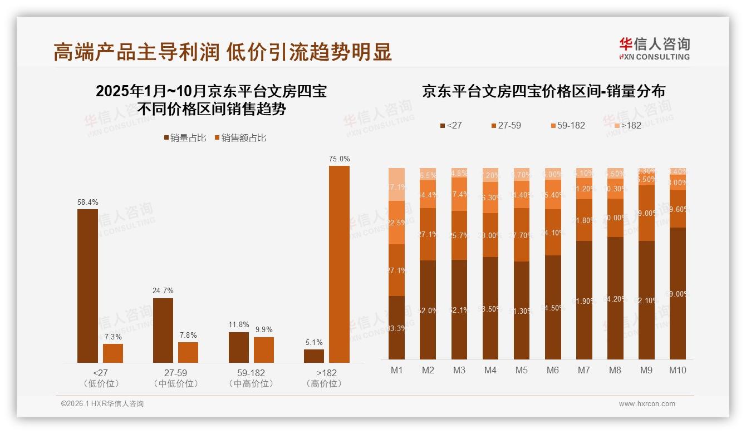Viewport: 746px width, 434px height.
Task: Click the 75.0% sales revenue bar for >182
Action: (339, 264)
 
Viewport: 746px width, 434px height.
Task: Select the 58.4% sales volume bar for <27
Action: (87, 286)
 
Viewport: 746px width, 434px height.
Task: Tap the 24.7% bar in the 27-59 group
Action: (163, 331)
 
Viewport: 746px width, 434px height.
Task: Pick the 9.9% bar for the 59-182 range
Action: (264, 350)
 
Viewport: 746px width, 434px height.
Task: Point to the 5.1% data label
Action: (314, 343)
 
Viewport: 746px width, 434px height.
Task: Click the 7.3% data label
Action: (113, 337)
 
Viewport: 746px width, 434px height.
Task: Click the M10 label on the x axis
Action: (678, 371)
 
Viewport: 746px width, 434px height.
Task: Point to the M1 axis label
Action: (396, 371)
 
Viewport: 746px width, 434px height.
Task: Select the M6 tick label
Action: (553, 371)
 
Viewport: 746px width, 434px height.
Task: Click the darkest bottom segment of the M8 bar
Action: (615, 298)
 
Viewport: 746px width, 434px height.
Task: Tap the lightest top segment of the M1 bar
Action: (396, 184)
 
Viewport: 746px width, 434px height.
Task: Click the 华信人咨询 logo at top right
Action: (654, 48)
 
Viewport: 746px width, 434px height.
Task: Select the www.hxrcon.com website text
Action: (646, 404)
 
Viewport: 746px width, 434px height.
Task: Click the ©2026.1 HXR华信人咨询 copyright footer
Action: (102, 404)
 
